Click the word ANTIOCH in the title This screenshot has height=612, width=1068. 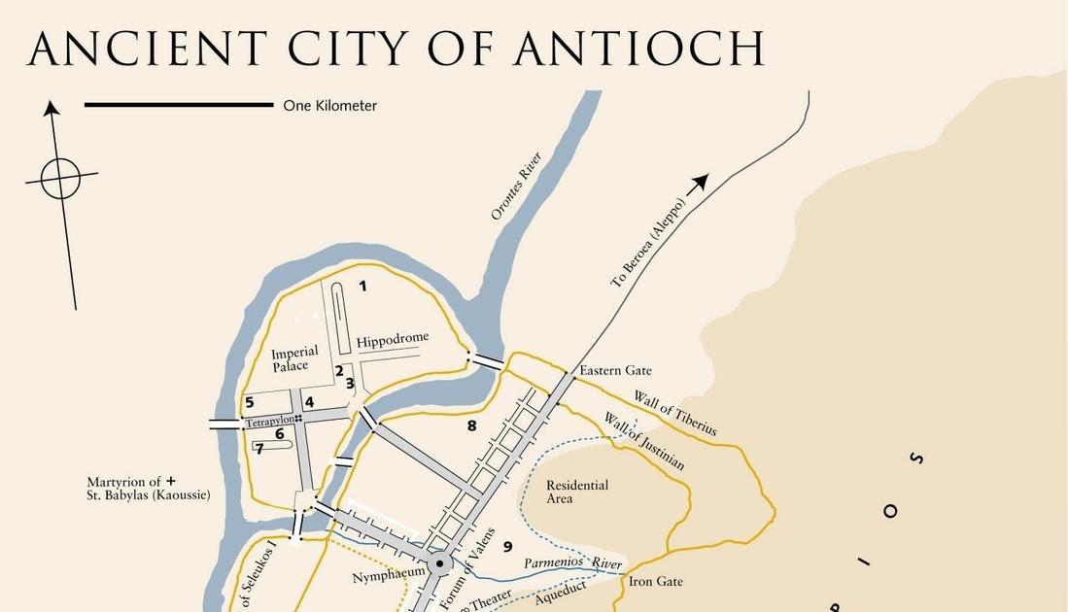(x=638, y=49)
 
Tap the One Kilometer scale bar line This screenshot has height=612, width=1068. (x=179, y=105)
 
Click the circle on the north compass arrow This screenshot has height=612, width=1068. (x=61, y=179)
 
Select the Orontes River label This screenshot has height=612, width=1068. (x=515, y=186)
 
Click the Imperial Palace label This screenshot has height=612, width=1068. (x=293, y=358)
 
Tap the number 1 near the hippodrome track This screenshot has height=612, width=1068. (x=362, y=286)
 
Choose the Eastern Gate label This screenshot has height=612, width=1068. (x=615, y=370)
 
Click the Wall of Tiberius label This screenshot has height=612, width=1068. (x=675, y=413)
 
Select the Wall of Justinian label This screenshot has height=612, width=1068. (x=644, y=441)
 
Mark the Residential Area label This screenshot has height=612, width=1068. (x=577, y=492)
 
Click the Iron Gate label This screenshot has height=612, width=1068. (x=656, y=581)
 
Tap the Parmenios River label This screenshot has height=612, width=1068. (x=572, y=563)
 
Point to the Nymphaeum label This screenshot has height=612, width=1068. (x=389, y=573)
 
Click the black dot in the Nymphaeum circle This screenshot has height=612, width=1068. (x=440, y=563)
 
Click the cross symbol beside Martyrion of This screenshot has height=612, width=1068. (x=171, y=481)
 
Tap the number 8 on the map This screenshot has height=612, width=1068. (x=471, y=425)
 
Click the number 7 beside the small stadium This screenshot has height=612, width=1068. (x=259, y=449)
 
